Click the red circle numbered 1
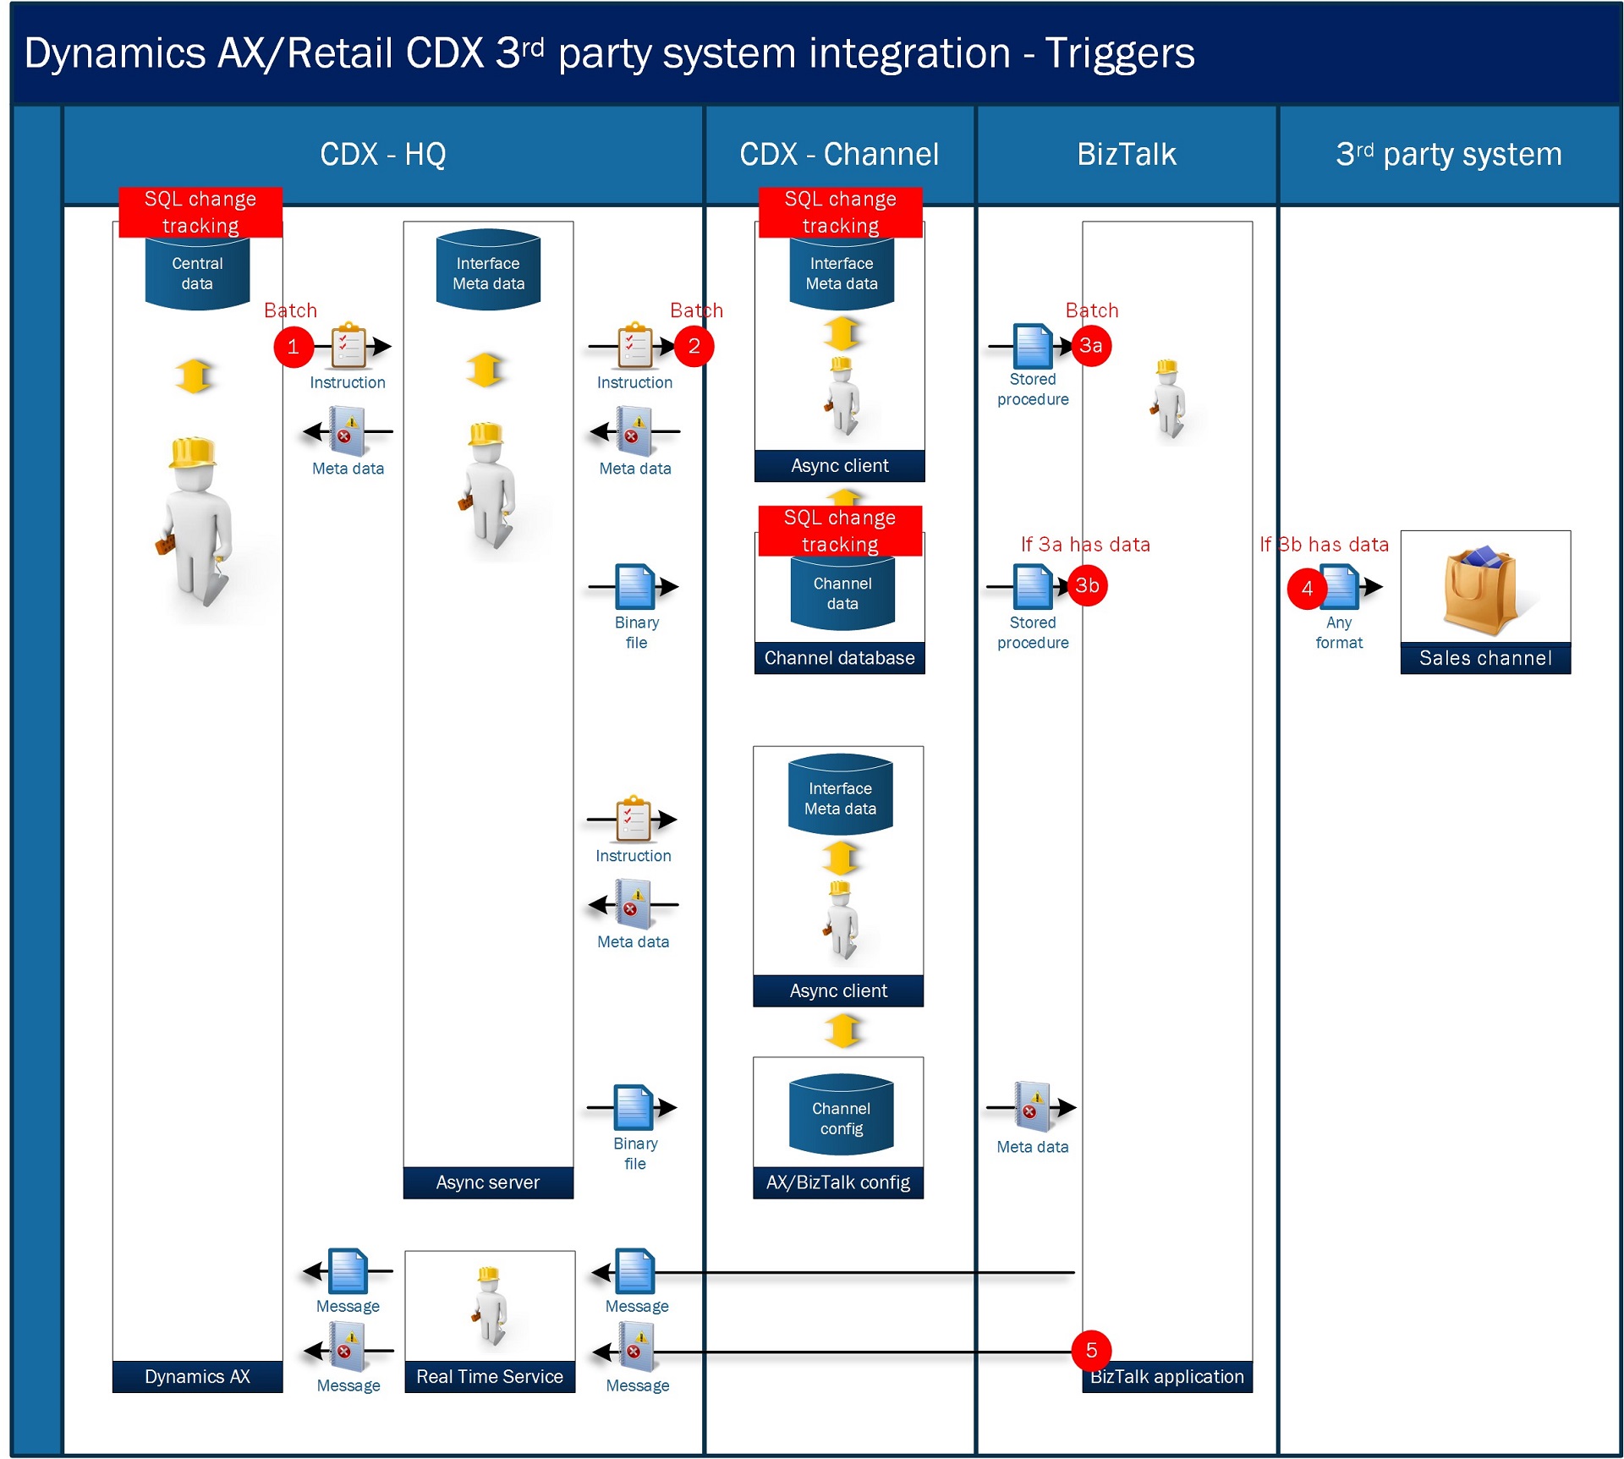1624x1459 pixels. [294, 347]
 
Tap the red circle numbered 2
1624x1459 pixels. [694, 346]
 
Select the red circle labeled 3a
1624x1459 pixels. [1091, 346]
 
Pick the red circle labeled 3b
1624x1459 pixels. [1088, 585]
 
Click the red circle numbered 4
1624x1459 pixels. [1307, 589]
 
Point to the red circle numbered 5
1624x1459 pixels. [1091, 1350]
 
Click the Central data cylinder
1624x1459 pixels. [197, 273]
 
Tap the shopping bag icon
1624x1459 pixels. [1480, 590]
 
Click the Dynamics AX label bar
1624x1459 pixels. [197, 1376]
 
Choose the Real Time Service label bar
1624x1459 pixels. [490, 1376]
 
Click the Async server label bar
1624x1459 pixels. [488, 1182]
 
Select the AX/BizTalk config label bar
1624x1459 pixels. [838, 1182]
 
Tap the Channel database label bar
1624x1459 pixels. [840, 658]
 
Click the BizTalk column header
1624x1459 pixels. [1127, 155]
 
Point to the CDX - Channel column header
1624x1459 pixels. [839, 155]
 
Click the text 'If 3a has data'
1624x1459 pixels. [1085, 545]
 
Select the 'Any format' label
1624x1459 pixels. [1339, 633]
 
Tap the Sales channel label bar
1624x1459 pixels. [1486, 658]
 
